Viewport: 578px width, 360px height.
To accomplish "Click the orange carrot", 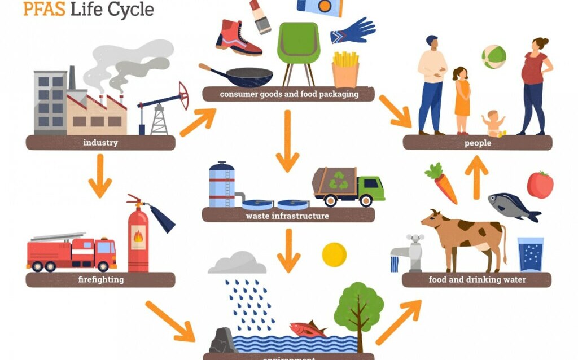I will tap(441, 183).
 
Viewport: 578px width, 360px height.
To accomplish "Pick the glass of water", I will tap(531, 254).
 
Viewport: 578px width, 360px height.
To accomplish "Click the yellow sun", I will tap(334, 254).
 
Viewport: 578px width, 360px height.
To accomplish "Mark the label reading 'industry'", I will tap(100, 143).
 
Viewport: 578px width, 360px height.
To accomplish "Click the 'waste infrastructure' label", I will tap(287, 216).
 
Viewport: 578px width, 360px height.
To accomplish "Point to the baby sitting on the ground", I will tap(494, 124).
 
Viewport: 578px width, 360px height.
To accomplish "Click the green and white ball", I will tap(494, 57).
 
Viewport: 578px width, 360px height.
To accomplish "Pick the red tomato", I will tap(540, 185).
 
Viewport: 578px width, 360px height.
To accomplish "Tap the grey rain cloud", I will tap(237, 263).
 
